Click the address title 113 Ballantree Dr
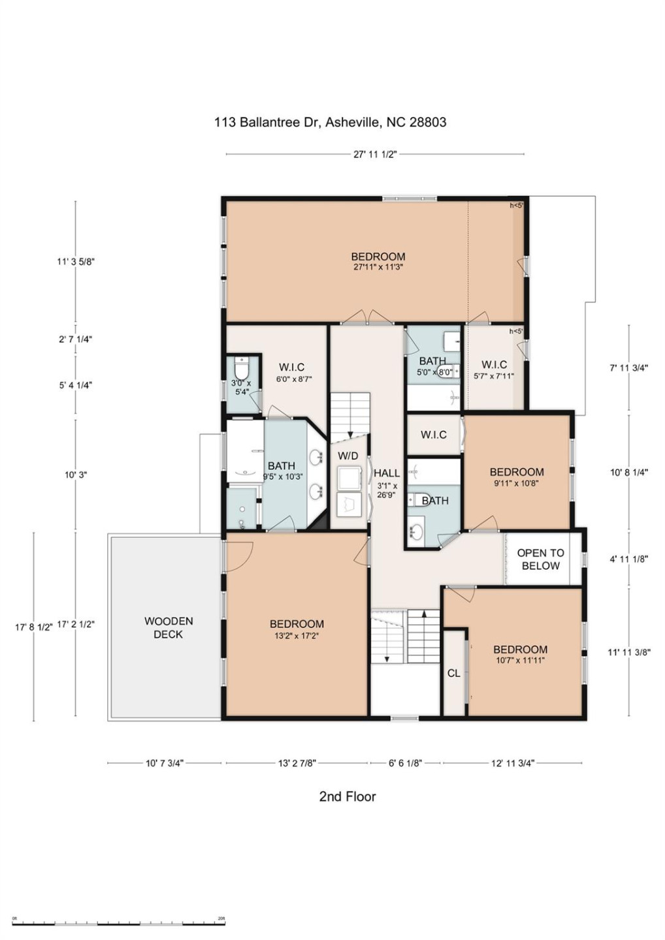(330, 122)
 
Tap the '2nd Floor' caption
(347, 796)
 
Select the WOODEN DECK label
(168, 627)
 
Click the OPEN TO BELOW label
(540, 559)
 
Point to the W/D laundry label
(348, 456)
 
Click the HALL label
(387, 473)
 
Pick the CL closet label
(453, 673)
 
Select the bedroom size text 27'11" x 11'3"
(378, 267)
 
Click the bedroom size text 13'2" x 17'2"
(297, 636)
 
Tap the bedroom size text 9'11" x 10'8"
(516, 484)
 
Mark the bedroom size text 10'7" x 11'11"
(520, 661)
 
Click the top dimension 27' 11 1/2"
(375, 155)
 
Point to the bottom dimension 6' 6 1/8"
(405, 763)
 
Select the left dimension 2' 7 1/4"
(75, 339)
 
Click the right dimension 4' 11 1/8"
(628, 559)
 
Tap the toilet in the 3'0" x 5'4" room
(242, 369)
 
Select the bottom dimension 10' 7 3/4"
(164, 763)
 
